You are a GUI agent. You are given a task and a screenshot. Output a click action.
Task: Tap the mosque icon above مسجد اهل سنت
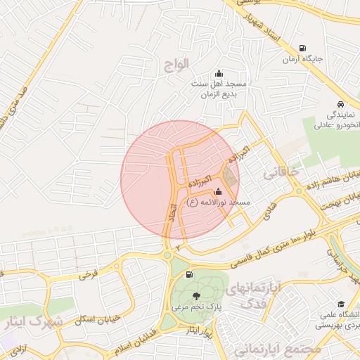click(x=219, y=74)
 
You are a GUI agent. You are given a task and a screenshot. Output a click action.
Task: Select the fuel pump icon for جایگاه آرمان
click(x=302, y=48)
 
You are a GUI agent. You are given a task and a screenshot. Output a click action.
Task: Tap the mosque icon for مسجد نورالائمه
click(x=218, y=191)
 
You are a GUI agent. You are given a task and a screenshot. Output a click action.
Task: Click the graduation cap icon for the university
click(x=341, y=304)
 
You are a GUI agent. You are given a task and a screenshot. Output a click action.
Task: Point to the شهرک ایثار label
click(x=32, y=322)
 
